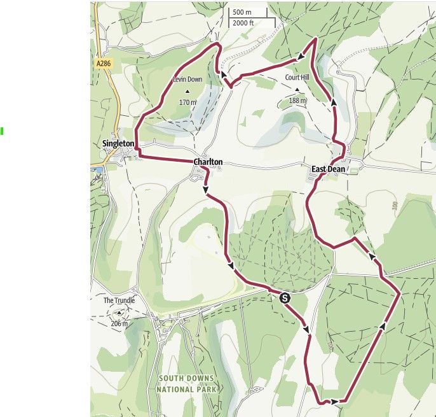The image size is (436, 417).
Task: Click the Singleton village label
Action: point(118,144)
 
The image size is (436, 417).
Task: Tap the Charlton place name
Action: point(208,162)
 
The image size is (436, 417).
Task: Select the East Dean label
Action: point(327,169)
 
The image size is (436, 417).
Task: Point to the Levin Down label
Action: point(187,80)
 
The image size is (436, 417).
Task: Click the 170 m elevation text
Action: point(187,102)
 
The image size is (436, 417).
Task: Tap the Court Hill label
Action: point(296,78)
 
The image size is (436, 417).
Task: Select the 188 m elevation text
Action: point(297,100)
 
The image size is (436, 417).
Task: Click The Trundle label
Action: point(117,300)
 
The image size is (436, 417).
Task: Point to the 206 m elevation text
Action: point(119,323)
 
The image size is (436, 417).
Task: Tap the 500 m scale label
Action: point(242,12)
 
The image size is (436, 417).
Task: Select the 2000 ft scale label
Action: point(244,23)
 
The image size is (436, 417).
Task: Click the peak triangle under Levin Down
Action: point(187,90)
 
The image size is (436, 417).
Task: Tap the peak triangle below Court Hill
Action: point(297,89)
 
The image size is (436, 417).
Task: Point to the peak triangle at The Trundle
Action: point(119,313)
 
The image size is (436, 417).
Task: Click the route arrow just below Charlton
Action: point(205,189)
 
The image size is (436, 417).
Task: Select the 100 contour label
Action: point(395,206)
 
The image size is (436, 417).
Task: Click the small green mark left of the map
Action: point(2,131)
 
